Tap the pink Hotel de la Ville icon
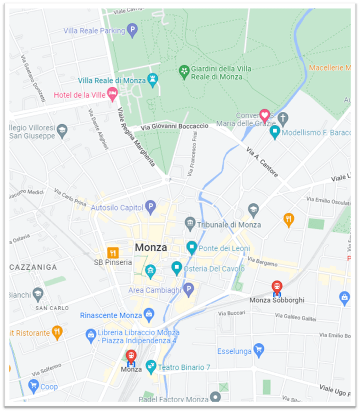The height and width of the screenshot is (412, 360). point(112,94)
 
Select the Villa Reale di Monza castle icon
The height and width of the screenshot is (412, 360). point(153,80)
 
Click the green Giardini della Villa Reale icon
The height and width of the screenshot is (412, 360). point(184,72)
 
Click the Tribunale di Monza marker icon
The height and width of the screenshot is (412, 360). point(190,222)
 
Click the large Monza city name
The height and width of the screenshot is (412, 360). point(151,247)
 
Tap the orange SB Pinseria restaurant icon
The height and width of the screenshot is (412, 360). point(113,253)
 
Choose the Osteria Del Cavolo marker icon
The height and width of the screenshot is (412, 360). point(177,268)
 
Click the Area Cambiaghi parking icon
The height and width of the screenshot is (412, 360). point(189,289)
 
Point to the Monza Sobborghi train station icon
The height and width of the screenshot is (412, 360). point(277,287)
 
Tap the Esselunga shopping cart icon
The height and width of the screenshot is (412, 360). point(259,351)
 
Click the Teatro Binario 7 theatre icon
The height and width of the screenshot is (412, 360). point(151,366)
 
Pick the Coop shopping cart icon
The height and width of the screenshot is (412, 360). point(33,386)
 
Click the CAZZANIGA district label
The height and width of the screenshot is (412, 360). point(33,267)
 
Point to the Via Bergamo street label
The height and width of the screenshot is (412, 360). point(262,261)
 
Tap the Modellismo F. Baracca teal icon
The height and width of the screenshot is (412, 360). point(274,132)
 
